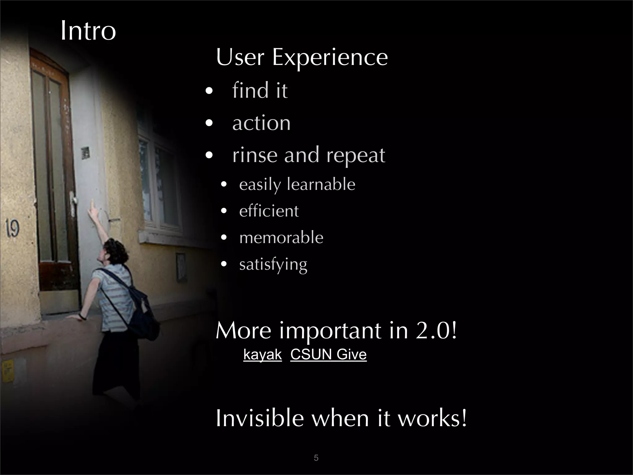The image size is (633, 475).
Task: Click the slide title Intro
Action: pos(88,31)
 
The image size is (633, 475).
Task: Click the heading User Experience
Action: pos(302,58)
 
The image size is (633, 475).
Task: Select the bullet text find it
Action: pos(260,90)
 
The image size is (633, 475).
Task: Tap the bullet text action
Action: pos(261,123)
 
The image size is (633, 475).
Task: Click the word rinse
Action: pos(254,155)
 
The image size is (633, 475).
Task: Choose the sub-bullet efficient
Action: pos(269,211)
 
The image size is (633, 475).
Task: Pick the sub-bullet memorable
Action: pos(281,238)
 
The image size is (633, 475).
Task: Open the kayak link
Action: pos(262,354)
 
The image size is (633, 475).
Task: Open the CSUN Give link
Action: pos(328,354)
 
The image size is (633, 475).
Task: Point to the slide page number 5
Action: pos(316,458)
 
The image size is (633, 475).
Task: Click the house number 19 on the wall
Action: pos(12,229)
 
